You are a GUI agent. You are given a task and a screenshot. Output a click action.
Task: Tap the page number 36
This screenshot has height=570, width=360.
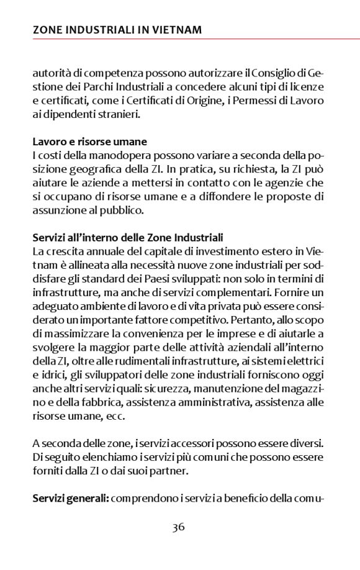[179, 528]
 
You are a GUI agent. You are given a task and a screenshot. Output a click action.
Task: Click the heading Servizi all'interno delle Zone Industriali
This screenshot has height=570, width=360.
[128, 237]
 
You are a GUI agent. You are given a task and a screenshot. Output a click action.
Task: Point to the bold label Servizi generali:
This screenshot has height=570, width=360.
[71, 499]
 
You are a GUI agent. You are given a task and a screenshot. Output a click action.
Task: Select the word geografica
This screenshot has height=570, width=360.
[98, 169]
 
